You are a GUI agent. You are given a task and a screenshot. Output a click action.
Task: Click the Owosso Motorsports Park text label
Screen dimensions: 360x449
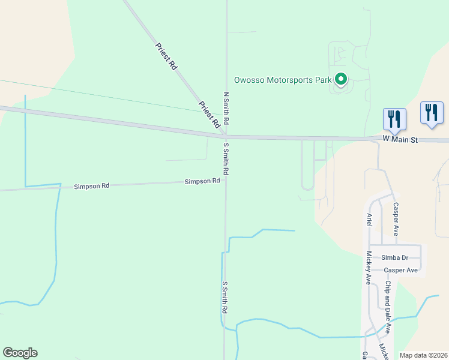(282, 80)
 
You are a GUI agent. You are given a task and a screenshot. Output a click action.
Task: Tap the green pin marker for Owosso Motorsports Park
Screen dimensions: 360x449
(341, 79)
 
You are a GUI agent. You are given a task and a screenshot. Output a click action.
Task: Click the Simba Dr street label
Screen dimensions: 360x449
(394, 257)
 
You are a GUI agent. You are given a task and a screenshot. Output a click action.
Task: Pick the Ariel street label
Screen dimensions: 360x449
(370, 220)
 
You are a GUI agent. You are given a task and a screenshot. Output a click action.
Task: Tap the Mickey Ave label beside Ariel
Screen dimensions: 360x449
(369, 268)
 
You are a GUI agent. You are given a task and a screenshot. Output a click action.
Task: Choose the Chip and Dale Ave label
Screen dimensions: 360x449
(388, 307)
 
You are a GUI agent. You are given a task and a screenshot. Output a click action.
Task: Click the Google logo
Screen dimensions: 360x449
(20, 353)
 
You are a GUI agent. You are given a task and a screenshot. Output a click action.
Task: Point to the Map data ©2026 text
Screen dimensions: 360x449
(423, 355)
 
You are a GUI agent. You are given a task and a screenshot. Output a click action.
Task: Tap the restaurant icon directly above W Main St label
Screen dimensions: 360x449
(394, 118)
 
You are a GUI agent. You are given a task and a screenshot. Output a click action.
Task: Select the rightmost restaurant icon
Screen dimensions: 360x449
(432, 112)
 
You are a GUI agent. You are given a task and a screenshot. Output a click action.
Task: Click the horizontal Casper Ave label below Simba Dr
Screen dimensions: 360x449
(400, 270)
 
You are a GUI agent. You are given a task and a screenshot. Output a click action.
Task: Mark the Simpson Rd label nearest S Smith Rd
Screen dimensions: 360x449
(202, 181)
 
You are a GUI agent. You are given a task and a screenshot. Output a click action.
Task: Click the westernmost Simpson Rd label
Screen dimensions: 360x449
(91, 186)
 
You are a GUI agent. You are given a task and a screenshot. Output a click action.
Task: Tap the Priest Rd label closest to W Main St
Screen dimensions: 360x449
(209, 115)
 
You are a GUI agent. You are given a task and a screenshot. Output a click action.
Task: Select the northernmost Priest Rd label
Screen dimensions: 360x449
(166, 56)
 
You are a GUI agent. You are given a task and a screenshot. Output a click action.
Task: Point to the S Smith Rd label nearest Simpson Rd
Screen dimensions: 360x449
(226, 158)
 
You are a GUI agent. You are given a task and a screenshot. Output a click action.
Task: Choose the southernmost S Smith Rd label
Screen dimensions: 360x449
(224, 298)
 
